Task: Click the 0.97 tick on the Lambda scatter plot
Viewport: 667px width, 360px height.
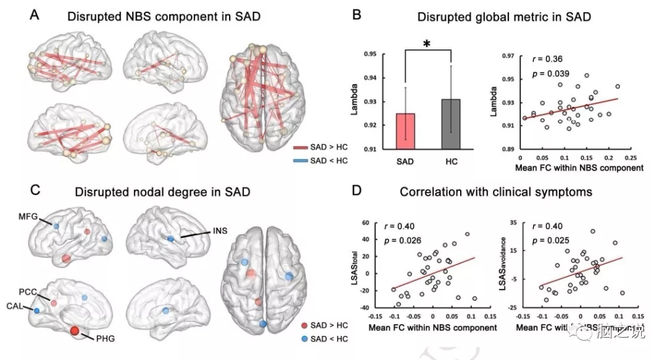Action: [x=509, y=56]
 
